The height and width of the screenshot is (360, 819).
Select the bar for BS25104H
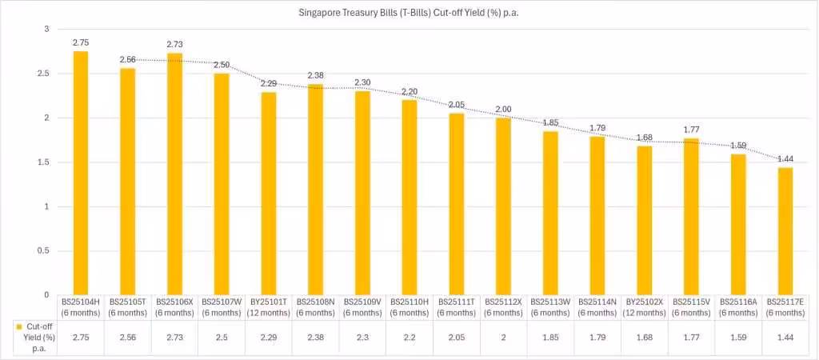coord(80,173)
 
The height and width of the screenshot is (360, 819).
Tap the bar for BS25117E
coord(785,231)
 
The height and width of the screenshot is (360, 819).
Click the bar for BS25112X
coord(503,206)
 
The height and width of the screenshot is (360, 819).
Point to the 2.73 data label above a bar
coord(174,44)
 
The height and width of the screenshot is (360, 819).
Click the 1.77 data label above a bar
coord(691,129)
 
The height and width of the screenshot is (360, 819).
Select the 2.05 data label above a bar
coord(457,104)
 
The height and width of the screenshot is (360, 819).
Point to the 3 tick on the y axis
coord(46,30)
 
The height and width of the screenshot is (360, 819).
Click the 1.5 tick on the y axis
coord(43,162)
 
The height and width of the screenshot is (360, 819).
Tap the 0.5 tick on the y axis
coord(43,251)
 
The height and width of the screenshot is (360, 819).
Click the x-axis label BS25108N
coord(315,307)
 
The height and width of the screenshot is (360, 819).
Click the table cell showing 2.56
coord(127,338)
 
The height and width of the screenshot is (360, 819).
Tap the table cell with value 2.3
coord(362,338)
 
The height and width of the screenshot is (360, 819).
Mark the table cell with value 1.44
coord(785,338)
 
